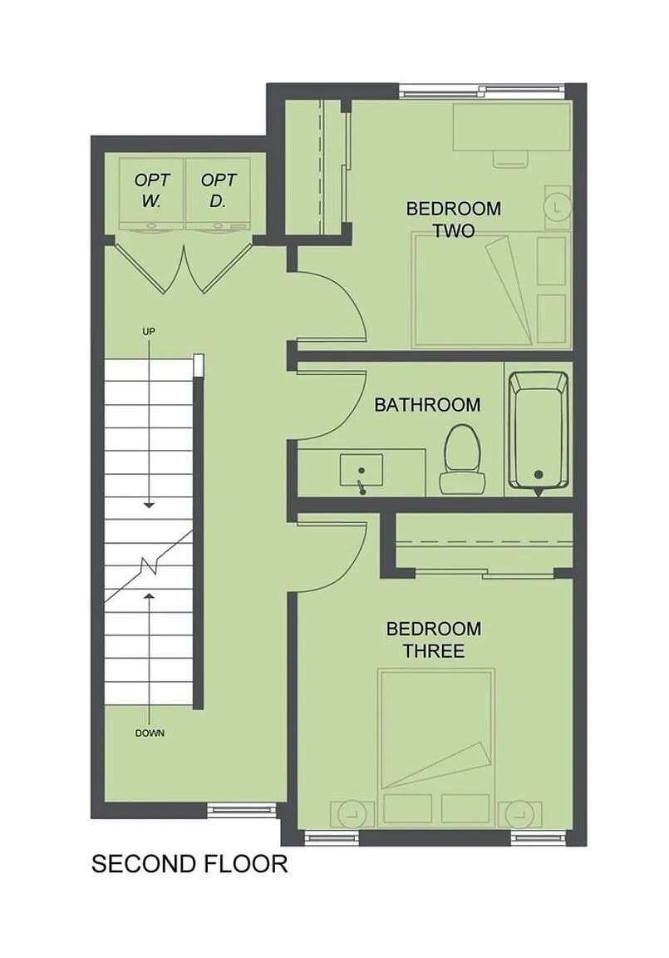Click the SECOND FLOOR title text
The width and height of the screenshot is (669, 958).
coord(189,864)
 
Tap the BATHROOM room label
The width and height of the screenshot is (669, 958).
coord(427,404)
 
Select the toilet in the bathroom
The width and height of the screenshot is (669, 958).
coord(462,459)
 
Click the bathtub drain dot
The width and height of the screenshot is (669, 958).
coord(538,474)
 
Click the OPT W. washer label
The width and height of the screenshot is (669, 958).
coord(151,190)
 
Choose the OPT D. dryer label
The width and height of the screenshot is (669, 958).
coord(218,190)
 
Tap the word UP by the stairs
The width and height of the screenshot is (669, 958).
coord(149,331)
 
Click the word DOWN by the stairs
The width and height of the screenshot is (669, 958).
coord(150,733)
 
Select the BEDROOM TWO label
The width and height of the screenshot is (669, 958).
coord(454,220)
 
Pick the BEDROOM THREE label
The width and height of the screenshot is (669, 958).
coord(433,639)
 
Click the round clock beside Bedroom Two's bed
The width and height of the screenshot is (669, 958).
coord(558,208)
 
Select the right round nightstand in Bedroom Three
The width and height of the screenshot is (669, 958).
coord(520,814)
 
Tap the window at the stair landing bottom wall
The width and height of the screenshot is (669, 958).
coord(242,811)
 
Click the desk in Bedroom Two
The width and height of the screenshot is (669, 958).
coord(512,126)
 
